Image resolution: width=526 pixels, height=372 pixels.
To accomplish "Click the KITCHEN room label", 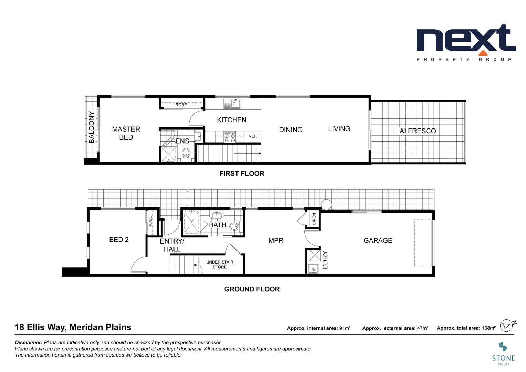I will click(231, 120).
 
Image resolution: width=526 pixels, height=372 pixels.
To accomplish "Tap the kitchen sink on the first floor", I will click(232, 103).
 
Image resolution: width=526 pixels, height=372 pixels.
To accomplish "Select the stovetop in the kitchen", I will click(230, 137).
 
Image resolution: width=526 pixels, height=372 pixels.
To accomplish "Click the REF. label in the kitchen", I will click(253, 136).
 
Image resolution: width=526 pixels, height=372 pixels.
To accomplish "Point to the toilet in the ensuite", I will click(186, 153).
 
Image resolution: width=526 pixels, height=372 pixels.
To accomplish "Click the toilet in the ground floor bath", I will click(234, 227).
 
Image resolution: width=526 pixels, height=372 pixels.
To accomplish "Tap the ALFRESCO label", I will click(418, 131).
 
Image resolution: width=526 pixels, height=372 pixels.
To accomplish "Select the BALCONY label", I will click(91, 127).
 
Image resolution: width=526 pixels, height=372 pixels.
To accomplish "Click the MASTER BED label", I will click(126, 133).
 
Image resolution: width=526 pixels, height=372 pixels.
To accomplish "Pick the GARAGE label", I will click(378, 240).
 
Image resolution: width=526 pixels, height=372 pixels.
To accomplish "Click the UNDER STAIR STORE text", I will click(220, 265).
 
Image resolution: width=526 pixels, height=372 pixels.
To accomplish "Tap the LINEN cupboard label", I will click(314, 219).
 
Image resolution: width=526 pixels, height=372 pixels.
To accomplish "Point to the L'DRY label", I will click(325, 260).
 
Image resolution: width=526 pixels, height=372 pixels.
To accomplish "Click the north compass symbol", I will click(507, 325).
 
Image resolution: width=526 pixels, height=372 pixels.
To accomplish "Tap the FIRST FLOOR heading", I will click(242, 174).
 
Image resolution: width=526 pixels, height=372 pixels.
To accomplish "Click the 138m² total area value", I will click(488, 328).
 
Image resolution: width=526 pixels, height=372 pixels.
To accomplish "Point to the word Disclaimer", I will click(29, 342).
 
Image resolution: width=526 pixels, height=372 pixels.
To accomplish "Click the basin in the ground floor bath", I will click(217, 216).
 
